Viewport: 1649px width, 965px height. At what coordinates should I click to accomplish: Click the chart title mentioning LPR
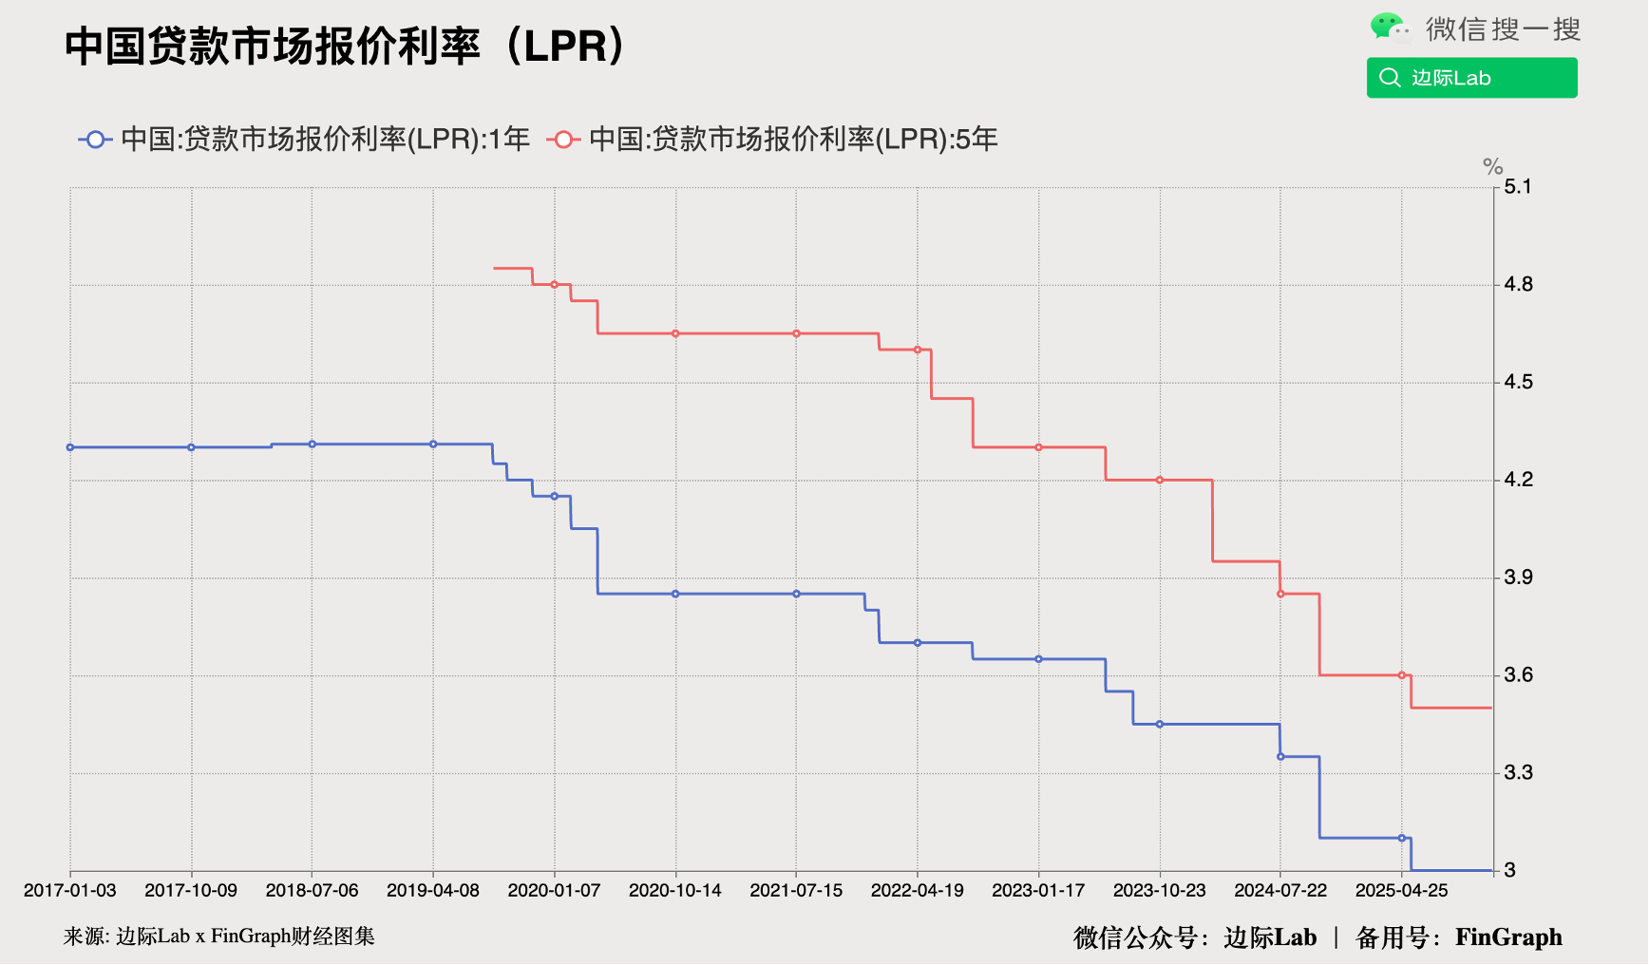[347, 46]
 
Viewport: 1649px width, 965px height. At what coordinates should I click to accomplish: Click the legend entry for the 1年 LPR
[304, 140]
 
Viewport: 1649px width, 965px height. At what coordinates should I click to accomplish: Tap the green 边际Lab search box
[1471, 78]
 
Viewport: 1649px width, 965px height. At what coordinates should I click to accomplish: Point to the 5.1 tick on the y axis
[1518, 186]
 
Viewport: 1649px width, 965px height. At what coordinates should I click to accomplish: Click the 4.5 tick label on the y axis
[1518, 382]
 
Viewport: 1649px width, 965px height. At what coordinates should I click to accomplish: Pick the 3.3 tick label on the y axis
[1518, 772]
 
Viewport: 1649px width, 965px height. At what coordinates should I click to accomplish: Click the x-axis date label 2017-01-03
[69, 890]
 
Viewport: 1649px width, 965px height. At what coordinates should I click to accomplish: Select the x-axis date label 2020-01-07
[554, 890]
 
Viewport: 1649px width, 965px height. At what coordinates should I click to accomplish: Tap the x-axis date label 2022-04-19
[917, 890]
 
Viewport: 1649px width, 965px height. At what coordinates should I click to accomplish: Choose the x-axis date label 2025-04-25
[1401, 890]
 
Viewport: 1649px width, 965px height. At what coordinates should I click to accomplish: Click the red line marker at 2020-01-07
[555, 284]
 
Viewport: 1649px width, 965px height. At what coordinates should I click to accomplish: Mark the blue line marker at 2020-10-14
[675, 594]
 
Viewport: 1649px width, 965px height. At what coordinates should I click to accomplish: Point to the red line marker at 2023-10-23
[1160, 480]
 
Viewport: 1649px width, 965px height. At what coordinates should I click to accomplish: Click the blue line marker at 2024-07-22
[1280, 756]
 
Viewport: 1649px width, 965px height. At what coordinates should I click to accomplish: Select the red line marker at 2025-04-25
[1402, 675]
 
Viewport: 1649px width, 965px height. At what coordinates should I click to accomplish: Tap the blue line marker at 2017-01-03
[70, 447]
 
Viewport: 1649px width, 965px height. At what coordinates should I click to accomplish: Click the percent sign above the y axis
[1492, 167]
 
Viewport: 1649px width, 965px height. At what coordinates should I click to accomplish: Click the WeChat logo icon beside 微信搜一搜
[1390, 28]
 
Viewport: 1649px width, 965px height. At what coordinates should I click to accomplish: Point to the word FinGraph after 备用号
[1508, 937]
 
